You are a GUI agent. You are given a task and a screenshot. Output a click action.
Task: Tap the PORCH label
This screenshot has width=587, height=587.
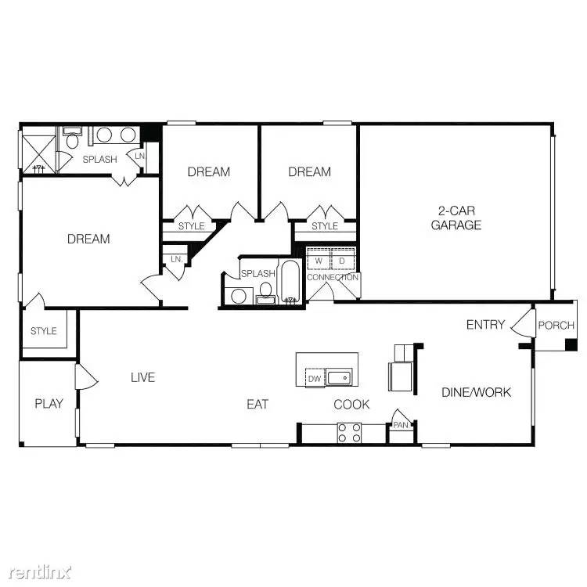pos(556,326)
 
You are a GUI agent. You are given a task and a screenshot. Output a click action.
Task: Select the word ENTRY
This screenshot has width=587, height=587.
pos(485,325)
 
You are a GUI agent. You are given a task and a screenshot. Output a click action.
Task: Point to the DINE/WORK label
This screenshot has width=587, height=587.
pos(476,392)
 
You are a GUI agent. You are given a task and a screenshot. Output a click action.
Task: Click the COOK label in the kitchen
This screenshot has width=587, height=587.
pos(351,405)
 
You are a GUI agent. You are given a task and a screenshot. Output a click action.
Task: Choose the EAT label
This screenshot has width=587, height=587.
pos(257,405)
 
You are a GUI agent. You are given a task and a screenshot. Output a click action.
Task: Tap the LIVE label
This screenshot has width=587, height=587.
pos(142,377)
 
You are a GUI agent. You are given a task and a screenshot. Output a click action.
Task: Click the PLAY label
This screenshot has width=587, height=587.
pos(49,404)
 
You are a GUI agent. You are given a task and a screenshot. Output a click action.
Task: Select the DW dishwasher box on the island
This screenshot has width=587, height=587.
pos(315,379)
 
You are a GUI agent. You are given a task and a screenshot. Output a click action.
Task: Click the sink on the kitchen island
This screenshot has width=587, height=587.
pos(340,379)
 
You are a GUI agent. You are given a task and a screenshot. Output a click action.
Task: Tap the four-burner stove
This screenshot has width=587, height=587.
pos(349,433)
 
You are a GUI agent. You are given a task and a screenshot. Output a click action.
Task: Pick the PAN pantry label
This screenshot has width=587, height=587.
pos(401,425)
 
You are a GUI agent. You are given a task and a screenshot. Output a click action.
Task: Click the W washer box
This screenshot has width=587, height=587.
pos(319,261)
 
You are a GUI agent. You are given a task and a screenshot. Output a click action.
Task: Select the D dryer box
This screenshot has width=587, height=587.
pos(342,261)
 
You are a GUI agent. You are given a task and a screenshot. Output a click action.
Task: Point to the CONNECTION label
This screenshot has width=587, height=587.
pos(333,278)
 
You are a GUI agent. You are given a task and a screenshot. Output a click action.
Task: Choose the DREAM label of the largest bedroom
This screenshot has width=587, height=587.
pos(88,239)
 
